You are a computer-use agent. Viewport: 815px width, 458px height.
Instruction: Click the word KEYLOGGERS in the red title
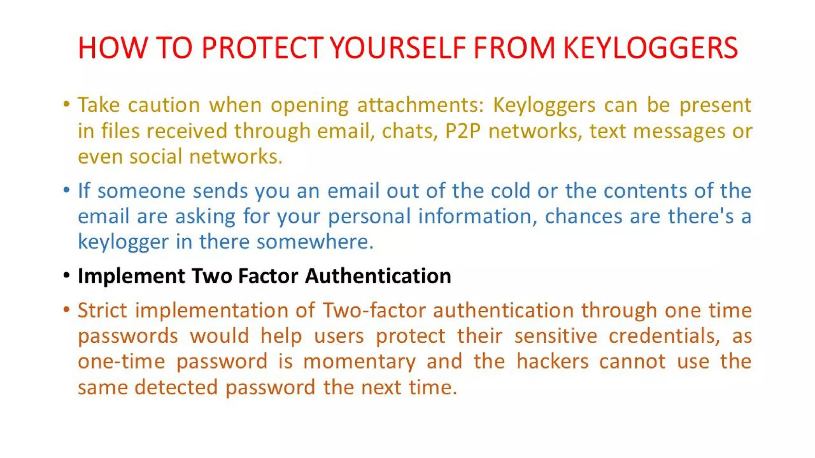(x=650, y=48)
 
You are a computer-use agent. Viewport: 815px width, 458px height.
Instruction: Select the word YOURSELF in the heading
(x=398, y=48)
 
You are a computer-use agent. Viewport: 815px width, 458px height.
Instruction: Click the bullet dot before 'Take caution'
(x=66, y=105)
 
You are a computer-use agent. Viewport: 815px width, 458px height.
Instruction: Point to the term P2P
(x=462, y=131)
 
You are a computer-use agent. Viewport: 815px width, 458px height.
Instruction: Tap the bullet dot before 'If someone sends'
(x=66, y=190)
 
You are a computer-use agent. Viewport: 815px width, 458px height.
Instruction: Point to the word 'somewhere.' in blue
(x=315, y=242)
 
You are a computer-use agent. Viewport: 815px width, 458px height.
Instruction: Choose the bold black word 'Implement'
(x=131, y=276)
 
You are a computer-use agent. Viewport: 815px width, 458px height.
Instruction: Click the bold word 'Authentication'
(x=378, y=276)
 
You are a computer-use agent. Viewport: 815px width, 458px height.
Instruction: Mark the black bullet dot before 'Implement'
(x=66, y=275)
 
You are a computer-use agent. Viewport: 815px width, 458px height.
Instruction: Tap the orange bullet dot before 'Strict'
(x=66, y=309)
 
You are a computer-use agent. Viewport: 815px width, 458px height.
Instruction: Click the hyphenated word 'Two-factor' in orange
(x=374, y=311)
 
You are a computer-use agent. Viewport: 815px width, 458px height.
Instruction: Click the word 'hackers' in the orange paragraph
(x=552, y=361)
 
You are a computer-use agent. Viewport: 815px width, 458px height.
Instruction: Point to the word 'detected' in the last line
(x=176, y=387)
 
